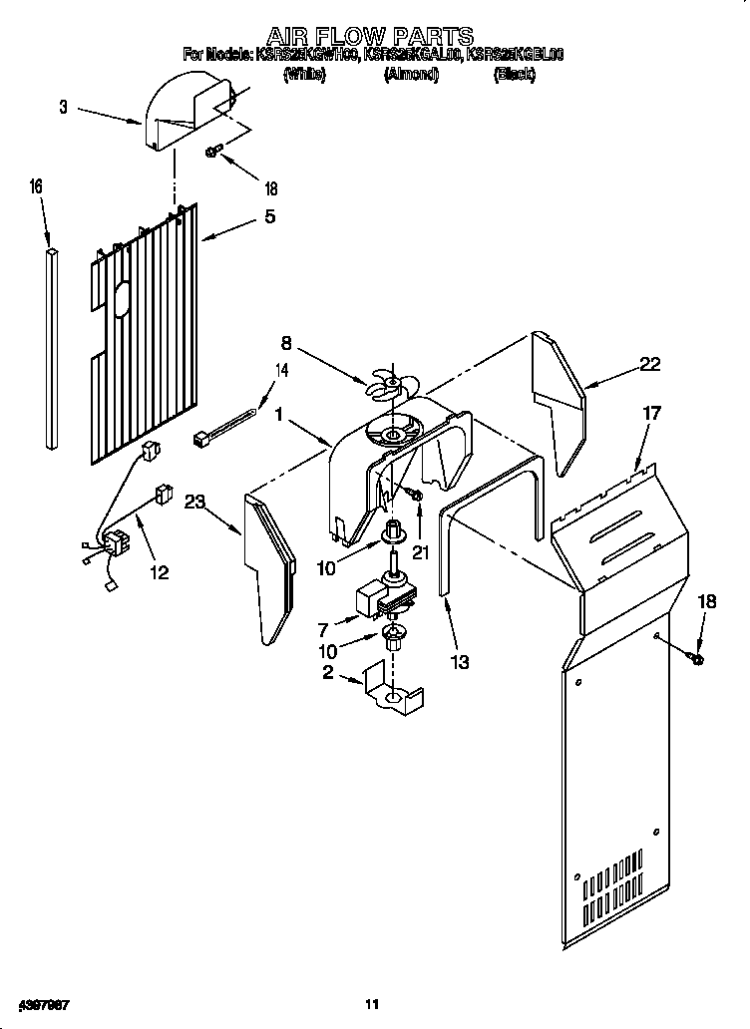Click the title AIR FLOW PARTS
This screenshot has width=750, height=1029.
pos(374,38)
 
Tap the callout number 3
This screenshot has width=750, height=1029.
pos(64,107)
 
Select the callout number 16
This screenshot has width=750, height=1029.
pos(37,186)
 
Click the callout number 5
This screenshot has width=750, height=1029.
pos(269,216)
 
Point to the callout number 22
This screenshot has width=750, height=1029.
pos(649,365)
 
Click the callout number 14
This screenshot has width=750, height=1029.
pos(282,371)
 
